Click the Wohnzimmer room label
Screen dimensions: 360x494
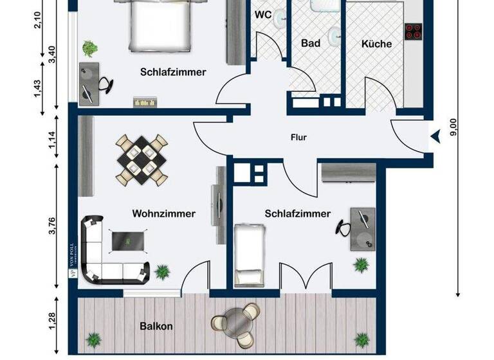(163, 213)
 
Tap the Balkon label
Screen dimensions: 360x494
(156, 326)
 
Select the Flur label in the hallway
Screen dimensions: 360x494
(298, 137)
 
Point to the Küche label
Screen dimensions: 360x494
(376, 44)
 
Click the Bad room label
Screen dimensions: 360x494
(311, 44)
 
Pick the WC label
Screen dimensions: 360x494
(263, 14)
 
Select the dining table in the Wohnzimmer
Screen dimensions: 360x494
(142, 159)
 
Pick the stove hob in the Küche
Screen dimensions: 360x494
(413, 31)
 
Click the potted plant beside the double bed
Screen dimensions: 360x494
(90, 48)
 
